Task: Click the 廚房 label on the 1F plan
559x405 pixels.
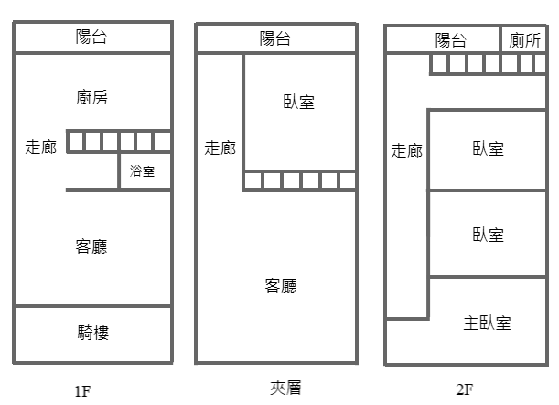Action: click(92, 97)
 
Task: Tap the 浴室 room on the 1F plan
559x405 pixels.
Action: click(143, 170)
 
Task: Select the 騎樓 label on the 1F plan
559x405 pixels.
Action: click(92, 333)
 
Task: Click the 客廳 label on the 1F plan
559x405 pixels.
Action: click(92, 246)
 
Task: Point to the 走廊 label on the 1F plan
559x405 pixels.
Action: click(38, 147)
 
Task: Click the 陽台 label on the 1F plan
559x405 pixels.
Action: click(92, 38)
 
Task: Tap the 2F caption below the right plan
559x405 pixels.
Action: click(465, 390)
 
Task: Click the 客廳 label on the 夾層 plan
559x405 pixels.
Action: click(280, 286)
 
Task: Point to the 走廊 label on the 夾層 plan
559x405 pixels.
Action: click(220, 148)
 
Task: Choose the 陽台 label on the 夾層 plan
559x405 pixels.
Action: click(275, 38)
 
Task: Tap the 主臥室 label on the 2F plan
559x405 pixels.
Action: click(487, 323)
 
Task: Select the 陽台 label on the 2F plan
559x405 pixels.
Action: click(450, 39)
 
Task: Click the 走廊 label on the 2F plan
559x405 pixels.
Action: click(406, 151)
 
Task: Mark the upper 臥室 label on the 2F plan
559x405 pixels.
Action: click(488, 149)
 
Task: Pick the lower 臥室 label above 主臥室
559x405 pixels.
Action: click(488, 235)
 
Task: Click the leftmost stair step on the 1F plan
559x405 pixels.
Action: click(77, 141)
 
